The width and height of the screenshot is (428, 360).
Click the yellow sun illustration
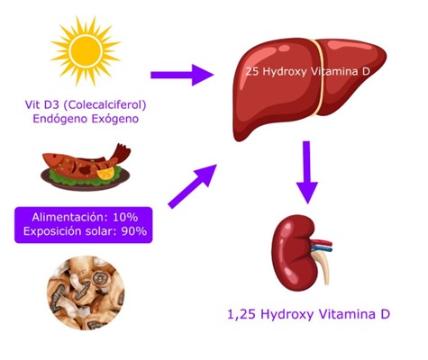click(86, 51)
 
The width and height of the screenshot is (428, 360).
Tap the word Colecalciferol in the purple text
click(105, 105)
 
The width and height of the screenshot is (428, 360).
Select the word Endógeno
click(60, 119)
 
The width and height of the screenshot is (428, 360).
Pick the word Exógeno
click(115, 119)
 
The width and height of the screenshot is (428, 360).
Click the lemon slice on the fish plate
click(106, 174)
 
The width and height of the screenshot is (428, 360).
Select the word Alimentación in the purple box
click(70, 217)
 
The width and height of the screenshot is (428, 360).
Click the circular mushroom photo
click(86, 292)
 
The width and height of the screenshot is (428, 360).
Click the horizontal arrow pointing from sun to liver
click(182, 75)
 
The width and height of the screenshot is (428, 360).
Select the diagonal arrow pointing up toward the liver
click(193, 186)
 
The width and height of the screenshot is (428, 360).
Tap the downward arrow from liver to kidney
click(306, 173)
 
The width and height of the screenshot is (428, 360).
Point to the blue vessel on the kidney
click(322, 248)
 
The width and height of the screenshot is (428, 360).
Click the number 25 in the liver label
click(252, 72)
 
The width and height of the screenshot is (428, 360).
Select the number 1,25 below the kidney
click(241, 314)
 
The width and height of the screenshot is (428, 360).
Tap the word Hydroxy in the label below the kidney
click(287, 315)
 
